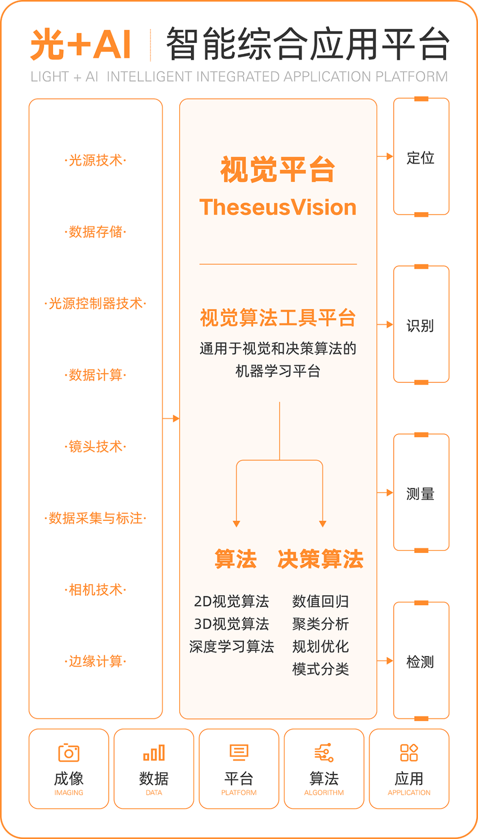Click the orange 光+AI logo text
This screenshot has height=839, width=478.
[81, 44]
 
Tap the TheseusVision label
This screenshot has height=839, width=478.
[278, 207]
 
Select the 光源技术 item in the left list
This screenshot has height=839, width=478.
[96, 160]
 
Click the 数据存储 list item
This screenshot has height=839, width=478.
[96, 232]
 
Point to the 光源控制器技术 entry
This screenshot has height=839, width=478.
[96, 303]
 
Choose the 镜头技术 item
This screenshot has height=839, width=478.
[96, 446]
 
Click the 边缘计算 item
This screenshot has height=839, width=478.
[96, 661]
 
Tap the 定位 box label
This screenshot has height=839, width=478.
[420, 158]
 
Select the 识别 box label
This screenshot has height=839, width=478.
[420, 325]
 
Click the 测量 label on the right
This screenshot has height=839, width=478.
[420, 494]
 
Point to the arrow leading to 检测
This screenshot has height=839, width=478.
[385, 661]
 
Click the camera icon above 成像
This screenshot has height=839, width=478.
[69, 753]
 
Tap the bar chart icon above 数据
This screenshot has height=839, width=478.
[154, 753]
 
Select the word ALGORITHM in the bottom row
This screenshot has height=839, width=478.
[324, 793]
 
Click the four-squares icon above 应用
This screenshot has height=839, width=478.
[409, 753]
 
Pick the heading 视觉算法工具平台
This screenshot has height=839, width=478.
[278, 318]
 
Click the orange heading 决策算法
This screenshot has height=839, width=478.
[320, 559]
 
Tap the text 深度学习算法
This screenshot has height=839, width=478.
[231, 646]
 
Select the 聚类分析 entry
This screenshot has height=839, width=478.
[320, 624]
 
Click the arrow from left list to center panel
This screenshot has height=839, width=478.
[171, 418]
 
